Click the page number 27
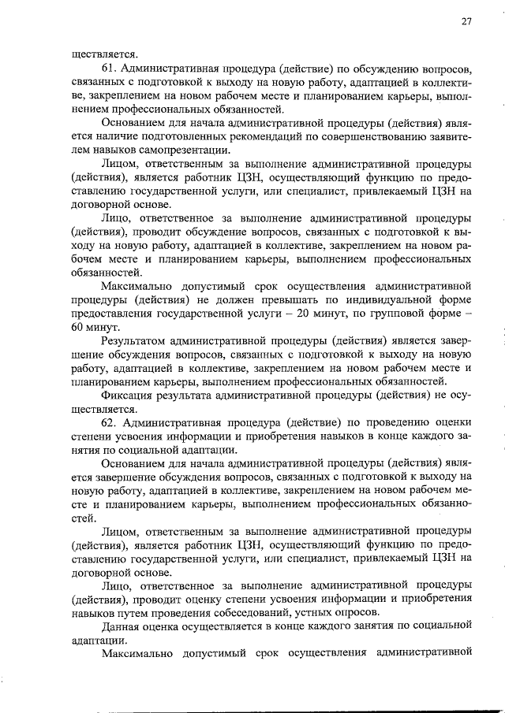coord(466,22)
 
